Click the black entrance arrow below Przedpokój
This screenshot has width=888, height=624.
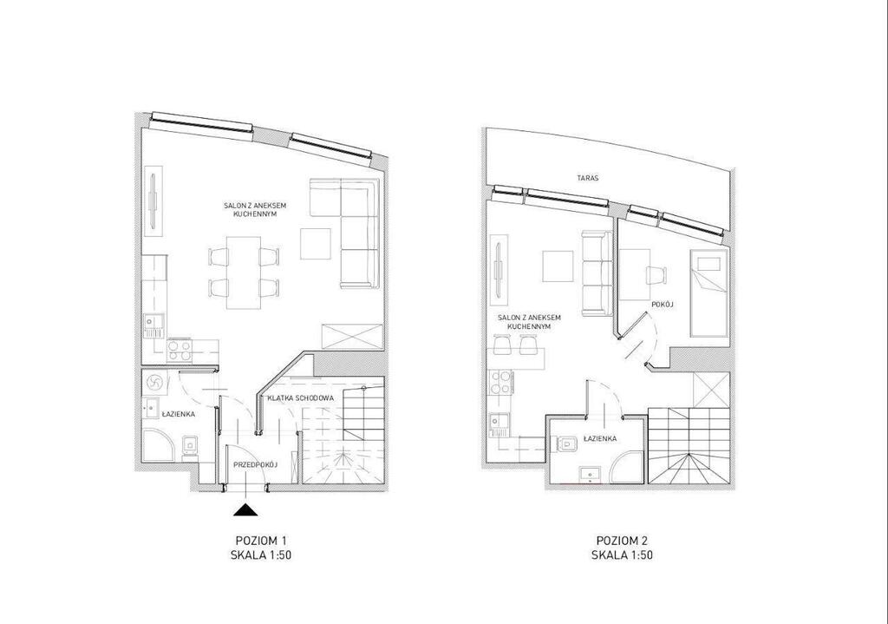(x=245, y=509)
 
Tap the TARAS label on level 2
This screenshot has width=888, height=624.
(x=588, y=178)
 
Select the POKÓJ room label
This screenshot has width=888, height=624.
(x=662, y=305)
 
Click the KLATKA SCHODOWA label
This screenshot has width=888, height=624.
(x=301, y=397)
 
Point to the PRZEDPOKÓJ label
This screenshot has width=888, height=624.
(x=256, y=464)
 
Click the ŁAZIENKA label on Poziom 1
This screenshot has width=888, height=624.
(x=179, y=414)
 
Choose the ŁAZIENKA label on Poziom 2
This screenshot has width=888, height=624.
(x=599, y=438)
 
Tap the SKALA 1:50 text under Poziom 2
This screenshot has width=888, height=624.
(x=622, y=555)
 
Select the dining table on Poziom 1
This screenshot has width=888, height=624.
(x=244, y=273)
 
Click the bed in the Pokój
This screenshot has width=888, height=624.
(x=708, y=293)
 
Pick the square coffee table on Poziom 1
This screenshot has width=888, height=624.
(x=316, y=244)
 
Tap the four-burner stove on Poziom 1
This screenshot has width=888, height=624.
(x=180, y=351)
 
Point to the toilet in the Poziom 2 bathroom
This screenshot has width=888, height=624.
(x=566, y=444)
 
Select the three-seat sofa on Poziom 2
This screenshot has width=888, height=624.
(x=597, y=273)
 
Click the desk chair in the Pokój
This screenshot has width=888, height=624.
(x=657, y=276)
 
